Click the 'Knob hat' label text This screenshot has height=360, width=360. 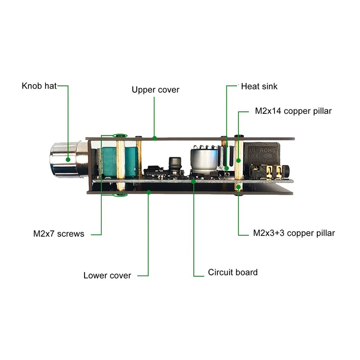coord(39,85)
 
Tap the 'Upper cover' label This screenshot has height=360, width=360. coord(155,90)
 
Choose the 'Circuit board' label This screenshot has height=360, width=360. coord(233,272)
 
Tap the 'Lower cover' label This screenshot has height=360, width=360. coord(107,275)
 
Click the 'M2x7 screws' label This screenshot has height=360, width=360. coord(58,234)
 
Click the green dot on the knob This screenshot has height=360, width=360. coord(68,159)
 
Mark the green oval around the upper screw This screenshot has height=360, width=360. coord(120,135)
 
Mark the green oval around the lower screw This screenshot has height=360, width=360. coord(120,194)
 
